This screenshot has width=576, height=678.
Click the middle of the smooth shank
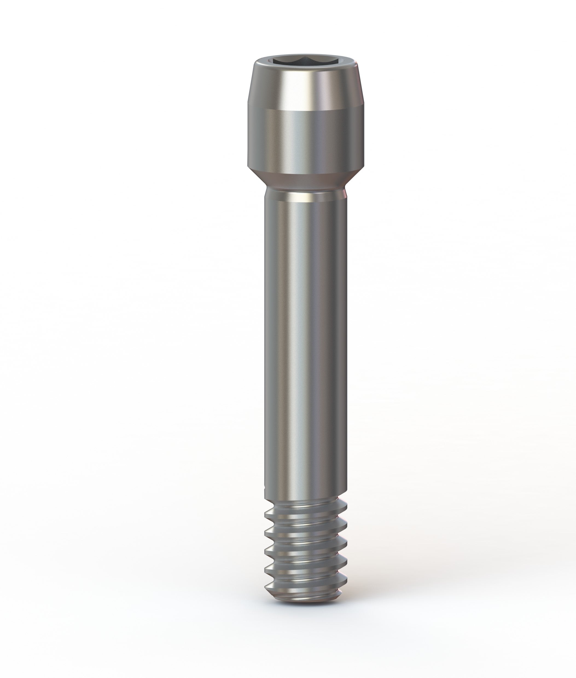point(305,343)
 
